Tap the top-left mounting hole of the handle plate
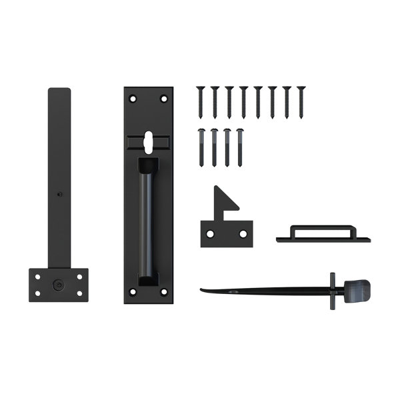pos(133,99)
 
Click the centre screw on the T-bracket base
pos(58,285)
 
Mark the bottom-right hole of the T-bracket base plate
pos(80,294)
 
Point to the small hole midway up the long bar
pos(59,195)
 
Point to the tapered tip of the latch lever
pos(203,289)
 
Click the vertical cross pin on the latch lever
pos(331,291)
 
